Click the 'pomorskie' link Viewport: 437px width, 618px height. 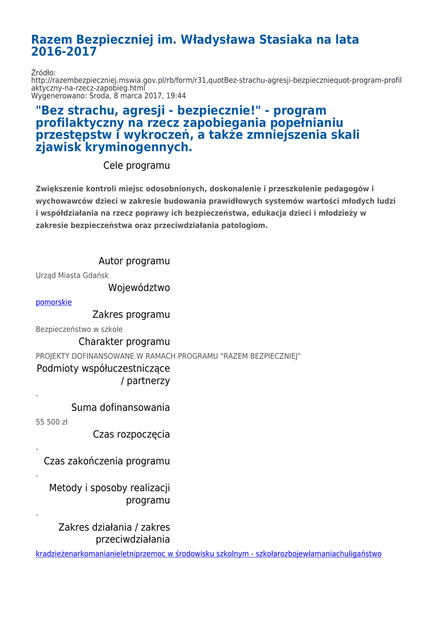(54, 302)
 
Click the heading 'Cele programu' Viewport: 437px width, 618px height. (136, 165)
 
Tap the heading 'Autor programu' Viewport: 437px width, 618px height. (134, 261)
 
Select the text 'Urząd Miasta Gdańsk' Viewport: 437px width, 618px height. (72, 276)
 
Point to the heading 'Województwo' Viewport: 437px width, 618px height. (139, 288)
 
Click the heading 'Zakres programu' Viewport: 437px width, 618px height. (131, 314)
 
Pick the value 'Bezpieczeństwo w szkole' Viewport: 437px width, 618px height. (79, 330)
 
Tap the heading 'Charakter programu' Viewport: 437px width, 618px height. (124, 342)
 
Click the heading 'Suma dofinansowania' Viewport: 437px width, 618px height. (121, 407)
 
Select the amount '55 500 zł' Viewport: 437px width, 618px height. (52, 422)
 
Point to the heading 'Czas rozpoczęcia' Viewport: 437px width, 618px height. (131, 435)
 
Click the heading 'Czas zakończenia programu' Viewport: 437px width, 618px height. (107, 461)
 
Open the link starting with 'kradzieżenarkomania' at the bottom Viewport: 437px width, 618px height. (209, 554)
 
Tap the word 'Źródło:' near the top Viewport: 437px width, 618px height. (43, 73)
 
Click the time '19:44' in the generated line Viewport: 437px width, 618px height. (175, 96)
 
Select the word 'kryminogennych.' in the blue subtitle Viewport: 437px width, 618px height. (143, 147)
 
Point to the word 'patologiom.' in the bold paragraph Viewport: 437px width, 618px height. (245, 225)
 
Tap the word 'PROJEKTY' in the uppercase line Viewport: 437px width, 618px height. (53, 356)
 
